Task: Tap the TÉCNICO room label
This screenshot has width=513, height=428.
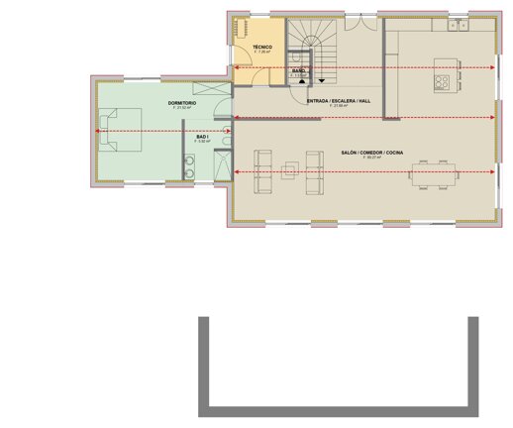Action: (262, 48)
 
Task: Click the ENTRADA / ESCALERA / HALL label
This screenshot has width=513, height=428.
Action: (339, 101)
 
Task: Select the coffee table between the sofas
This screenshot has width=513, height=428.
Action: (289, 171)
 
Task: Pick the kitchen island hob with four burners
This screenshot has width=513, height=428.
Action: (442, 81)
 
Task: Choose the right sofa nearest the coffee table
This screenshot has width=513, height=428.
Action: (314, 163)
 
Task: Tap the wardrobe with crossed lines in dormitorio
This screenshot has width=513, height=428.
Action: (211, 88)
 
